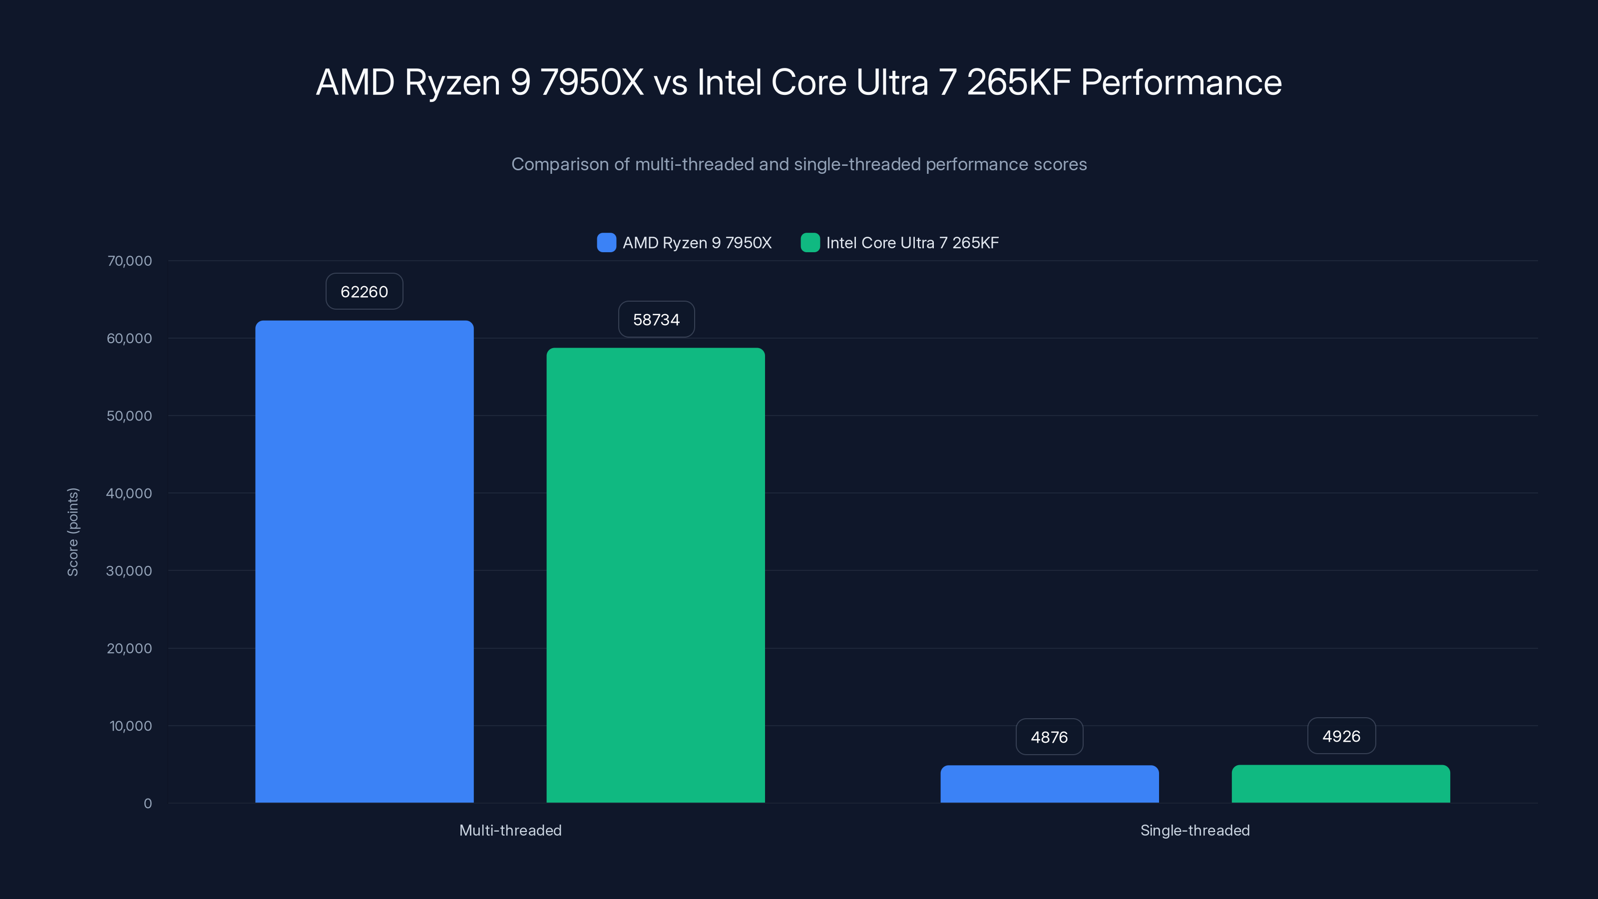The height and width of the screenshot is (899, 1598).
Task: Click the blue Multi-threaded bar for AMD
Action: pos(364,561)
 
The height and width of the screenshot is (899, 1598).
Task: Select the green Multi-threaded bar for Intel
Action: pos(656,575)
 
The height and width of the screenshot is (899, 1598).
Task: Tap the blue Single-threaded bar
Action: pos(1049,784)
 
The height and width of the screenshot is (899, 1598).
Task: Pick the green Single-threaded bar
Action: pos(1340,784)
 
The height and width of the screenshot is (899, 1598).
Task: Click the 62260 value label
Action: pos(364,292)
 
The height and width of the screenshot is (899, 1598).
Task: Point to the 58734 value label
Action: pos(656,320)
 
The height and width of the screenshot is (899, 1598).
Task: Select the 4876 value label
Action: pos(1049,737)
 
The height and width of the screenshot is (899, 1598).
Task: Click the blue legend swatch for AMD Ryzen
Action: pos(606,243)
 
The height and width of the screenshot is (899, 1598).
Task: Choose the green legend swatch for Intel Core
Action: pos(810,243)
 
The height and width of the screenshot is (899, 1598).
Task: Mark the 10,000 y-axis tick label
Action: pos(130,726)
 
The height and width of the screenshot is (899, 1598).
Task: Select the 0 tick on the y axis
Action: pos(148,804)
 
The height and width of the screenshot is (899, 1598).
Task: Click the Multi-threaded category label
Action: pos(510,830)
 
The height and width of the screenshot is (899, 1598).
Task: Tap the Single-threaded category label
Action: pos(1195,830)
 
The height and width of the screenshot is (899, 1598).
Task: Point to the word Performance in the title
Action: pos(1181,82)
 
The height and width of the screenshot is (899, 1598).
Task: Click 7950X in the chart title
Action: pos(591,82)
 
